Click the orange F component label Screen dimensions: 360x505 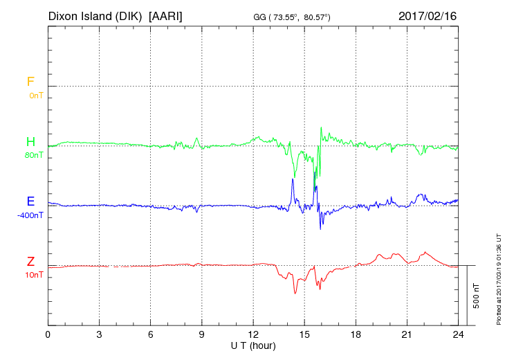(x=30, y=82)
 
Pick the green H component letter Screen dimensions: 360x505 (x=30, y=142)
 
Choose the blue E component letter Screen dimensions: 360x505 (x=30, y=201)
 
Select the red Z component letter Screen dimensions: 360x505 (x=30, y=262)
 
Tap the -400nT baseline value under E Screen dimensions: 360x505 (x=31, y=215)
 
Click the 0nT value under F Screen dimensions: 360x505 (x=36, y=95)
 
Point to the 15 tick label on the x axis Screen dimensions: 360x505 (x=304, y=335)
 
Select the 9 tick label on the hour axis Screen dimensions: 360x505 (x=202, y=335)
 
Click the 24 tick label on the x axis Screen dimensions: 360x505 (x=458, y=335)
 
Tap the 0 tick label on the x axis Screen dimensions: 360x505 (x=48, y=335)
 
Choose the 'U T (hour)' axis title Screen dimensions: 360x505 (x=253, y=345)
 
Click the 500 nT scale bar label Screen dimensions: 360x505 (x=477, y=296)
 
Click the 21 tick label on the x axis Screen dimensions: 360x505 (x=407, y=335)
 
